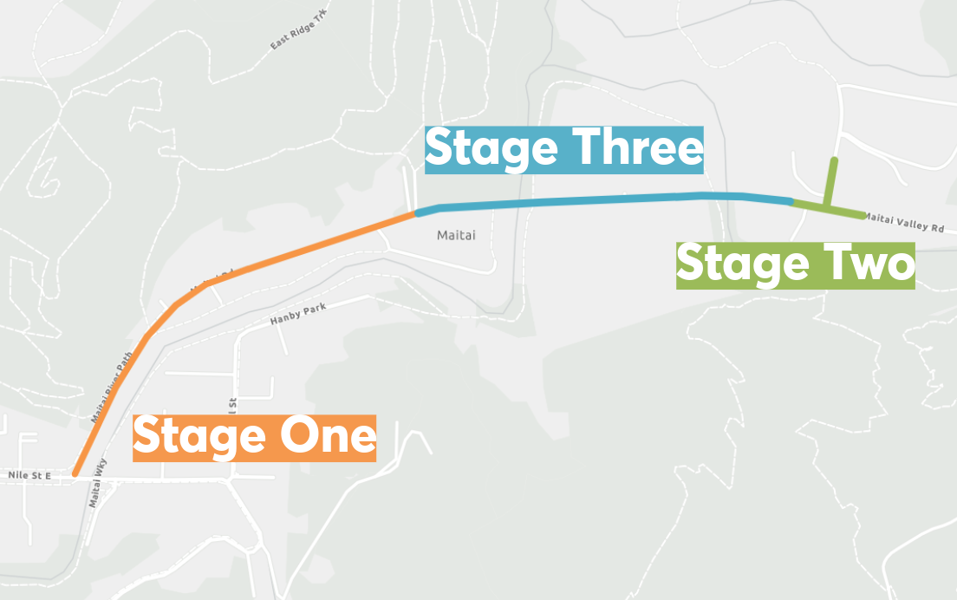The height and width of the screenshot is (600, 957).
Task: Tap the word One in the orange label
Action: [x=326, y=436]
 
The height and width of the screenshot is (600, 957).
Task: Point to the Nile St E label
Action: [x=29, y=475]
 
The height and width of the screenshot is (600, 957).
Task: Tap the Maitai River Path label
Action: [x=114, y=387]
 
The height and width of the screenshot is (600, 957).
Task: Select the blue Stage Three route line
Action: [x=607, y=199]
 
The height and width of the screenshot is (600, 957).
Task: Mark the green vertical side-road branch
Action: [x=831, y=182]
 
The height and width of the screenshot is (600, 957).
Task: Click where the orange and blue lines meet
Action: [x=417, y=212]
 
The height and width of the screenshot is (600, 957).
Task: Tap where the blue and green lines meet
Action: [x=792, y=203]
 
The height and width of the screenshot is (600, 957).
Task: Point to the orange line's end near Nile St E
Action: [x=76, y=473]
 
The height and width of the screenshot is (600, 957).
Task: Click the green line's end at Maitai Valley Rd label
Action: [x=862, y=216]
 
